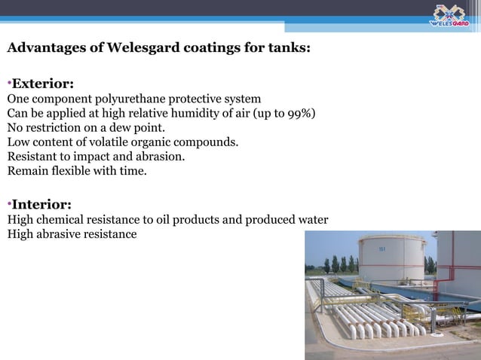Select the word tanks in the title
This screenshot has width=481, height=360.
pyautogui.click(x=287, y=50)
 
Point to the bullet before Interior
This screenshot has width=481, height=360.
pyautogui.click(x=9, y=204)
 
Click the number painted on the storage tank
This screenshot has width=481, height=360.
pyautogui.click(x=382, y=249)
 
